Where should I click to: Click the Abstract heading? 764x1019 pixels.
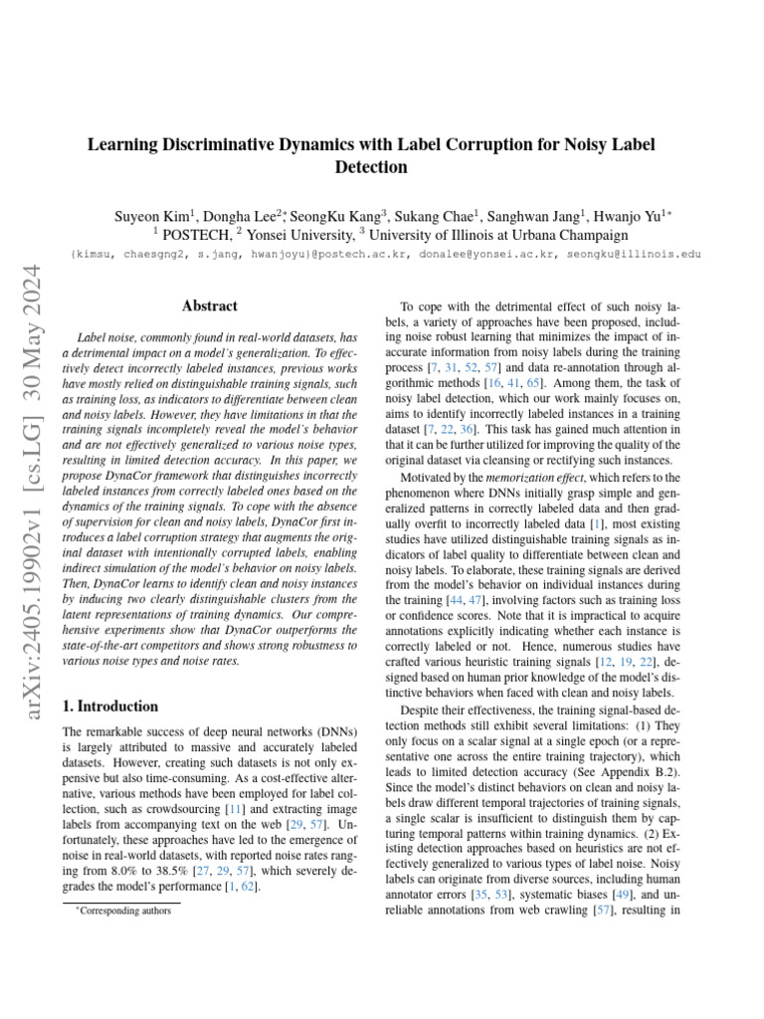210,306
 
